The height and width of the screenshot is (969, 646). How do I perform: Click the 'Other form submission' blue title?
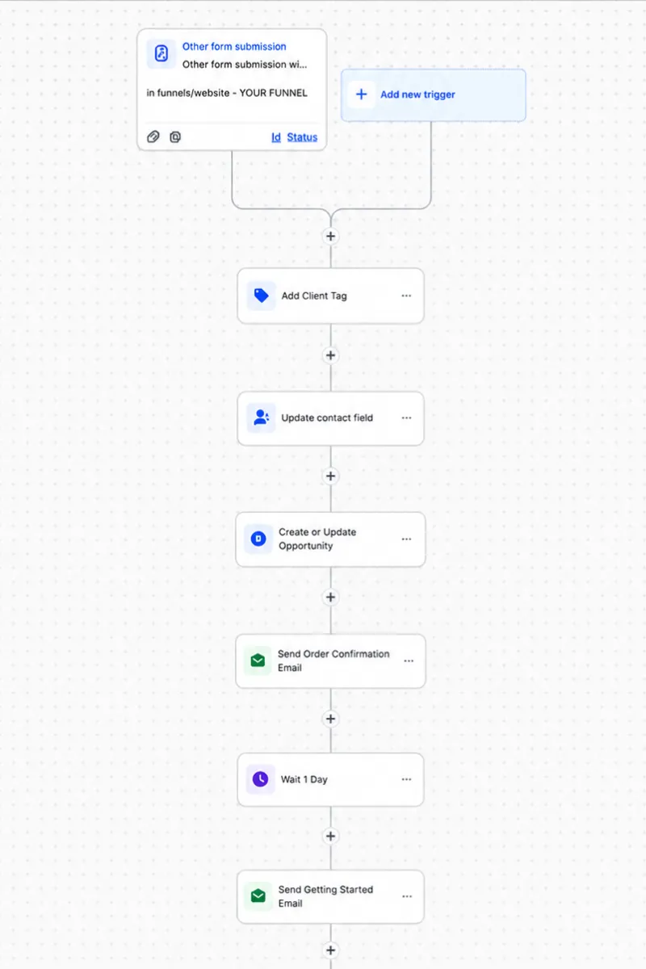pyautogui.click(x=234, y=47)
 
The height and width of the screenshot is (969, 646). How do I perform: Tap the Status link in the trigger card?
pyautogui.click(x=302, y=137)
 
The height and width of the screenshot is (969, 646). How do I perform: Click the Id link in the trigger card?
pyautogui.click(x=276, y=137)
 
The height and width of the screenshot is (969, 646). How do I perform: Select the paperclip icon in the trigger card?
pyautogui.click(x=153, y=136)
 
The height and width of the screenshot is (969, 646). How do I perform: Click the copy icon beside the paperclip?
pyautogui.click(x=175, y=136)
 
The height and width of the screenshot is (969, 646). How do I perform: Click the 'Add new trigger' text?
pyautogui.click(x=417, y=94)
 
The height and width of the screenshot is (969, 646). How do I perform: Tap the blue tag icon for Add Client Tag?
pyautogui.click(x=261, y=296)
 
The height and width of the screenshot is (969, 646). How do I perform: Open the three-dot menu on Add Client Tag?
pyautogui.click(x=406, y=296)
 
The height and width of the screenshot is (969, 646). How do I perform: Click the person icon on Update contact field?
pyautogui.click(x=261, y=418)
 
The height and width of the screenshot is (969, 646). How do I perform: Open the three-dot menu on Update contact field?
pyautogui.click(x=406, y=418)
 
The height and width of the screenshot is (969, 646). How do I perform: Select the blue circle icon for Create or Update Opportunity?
pyautogui.click(x=258, y=539)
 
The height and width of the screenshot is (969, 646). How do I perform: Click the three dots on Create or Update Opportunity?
pyautogui.click(x=406, y=539)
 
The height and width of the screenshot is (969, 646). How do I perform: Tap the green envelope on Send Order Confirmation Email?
pyautogui.click(x=258, y=661)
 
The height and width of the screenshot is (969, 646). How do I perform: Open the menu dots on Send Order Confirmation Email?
pyautogui.click(x=409, y=661)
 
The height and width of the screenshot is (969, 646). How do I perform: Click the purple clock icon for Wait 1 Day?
pyautogui.click(x=260, y=779)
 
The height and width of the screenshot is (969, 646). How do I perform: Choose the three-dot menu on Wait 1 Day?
pyautogui.click(x=406, y=779)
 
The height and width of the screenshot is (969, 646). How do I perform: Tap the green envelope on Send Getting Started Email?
pyautogui.click(x=258, y=896)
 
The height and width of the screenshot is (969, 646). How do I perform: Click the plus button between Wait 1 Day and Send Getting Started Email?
pyautogui.click(x=330, y=837)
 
